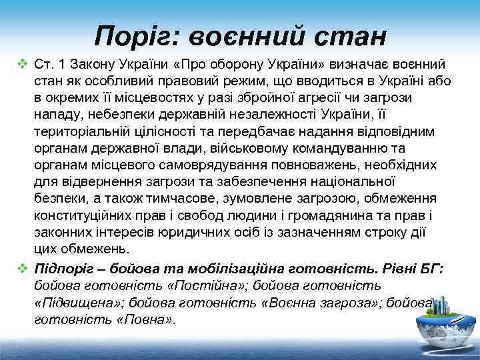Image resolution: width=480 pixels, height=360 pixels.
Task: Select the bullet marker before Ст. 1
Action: (x=22, y=65)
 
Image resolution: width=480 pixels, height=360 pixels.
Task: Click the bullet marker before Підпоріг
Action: (x=22, y=268)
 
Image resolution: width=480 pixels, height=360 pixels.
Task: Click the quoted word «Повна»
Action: (x=147, y=319)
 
